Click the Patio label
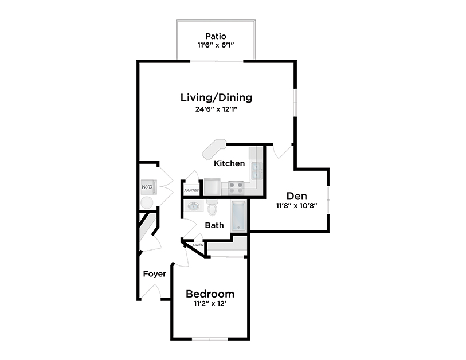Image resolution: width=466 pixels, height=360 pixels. pyautogui.click(x=216, y=36)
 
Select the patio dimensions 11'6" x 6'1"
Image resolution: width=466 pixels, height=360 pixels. pyautogui.click(x=216, y=46)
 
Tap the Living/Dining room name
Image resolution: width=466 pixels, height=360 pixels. pyautogui.click(x=216, y=97)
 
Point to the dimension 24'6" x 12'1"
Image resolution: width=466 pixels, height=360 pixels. pyautogui.click(x=216, y=109)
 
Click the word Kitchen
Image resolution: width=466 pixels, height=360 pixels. pyautogui.click(x=229, y=163)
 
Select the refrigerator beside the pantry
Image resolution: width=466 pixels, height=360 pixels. pyautogui.click(x=212, y=186)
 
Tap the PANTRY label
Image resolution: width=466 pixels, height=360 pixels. pyautogui.click(x=191, y=190)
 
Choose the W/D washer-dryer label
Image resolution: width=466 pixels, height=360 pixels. pyautogui.click(x=147, y=187)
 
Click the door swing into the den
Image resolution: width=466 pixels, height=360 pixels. pyautogui.click(x=281, y=150)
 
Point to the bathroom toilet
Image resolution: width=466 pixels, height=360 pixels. pyautogui.click(x=212, y=206)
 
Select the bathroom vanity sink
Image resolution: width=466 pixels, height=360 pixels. pyautogui.click(x=193, y=206)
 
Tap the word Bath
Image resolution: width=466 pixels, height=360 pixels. pyautogui.click(x=214, y=225)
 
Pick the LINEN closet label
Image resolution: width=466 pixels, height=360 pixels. pyautogui.click(x=198, y=245)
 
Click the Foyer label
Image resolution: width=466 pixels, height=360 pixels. pyautogui.click(x=155, y=274)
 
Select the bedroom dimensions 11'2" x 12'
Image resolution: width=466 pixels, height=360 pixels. pyautogui.click(x=210, y=304)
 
